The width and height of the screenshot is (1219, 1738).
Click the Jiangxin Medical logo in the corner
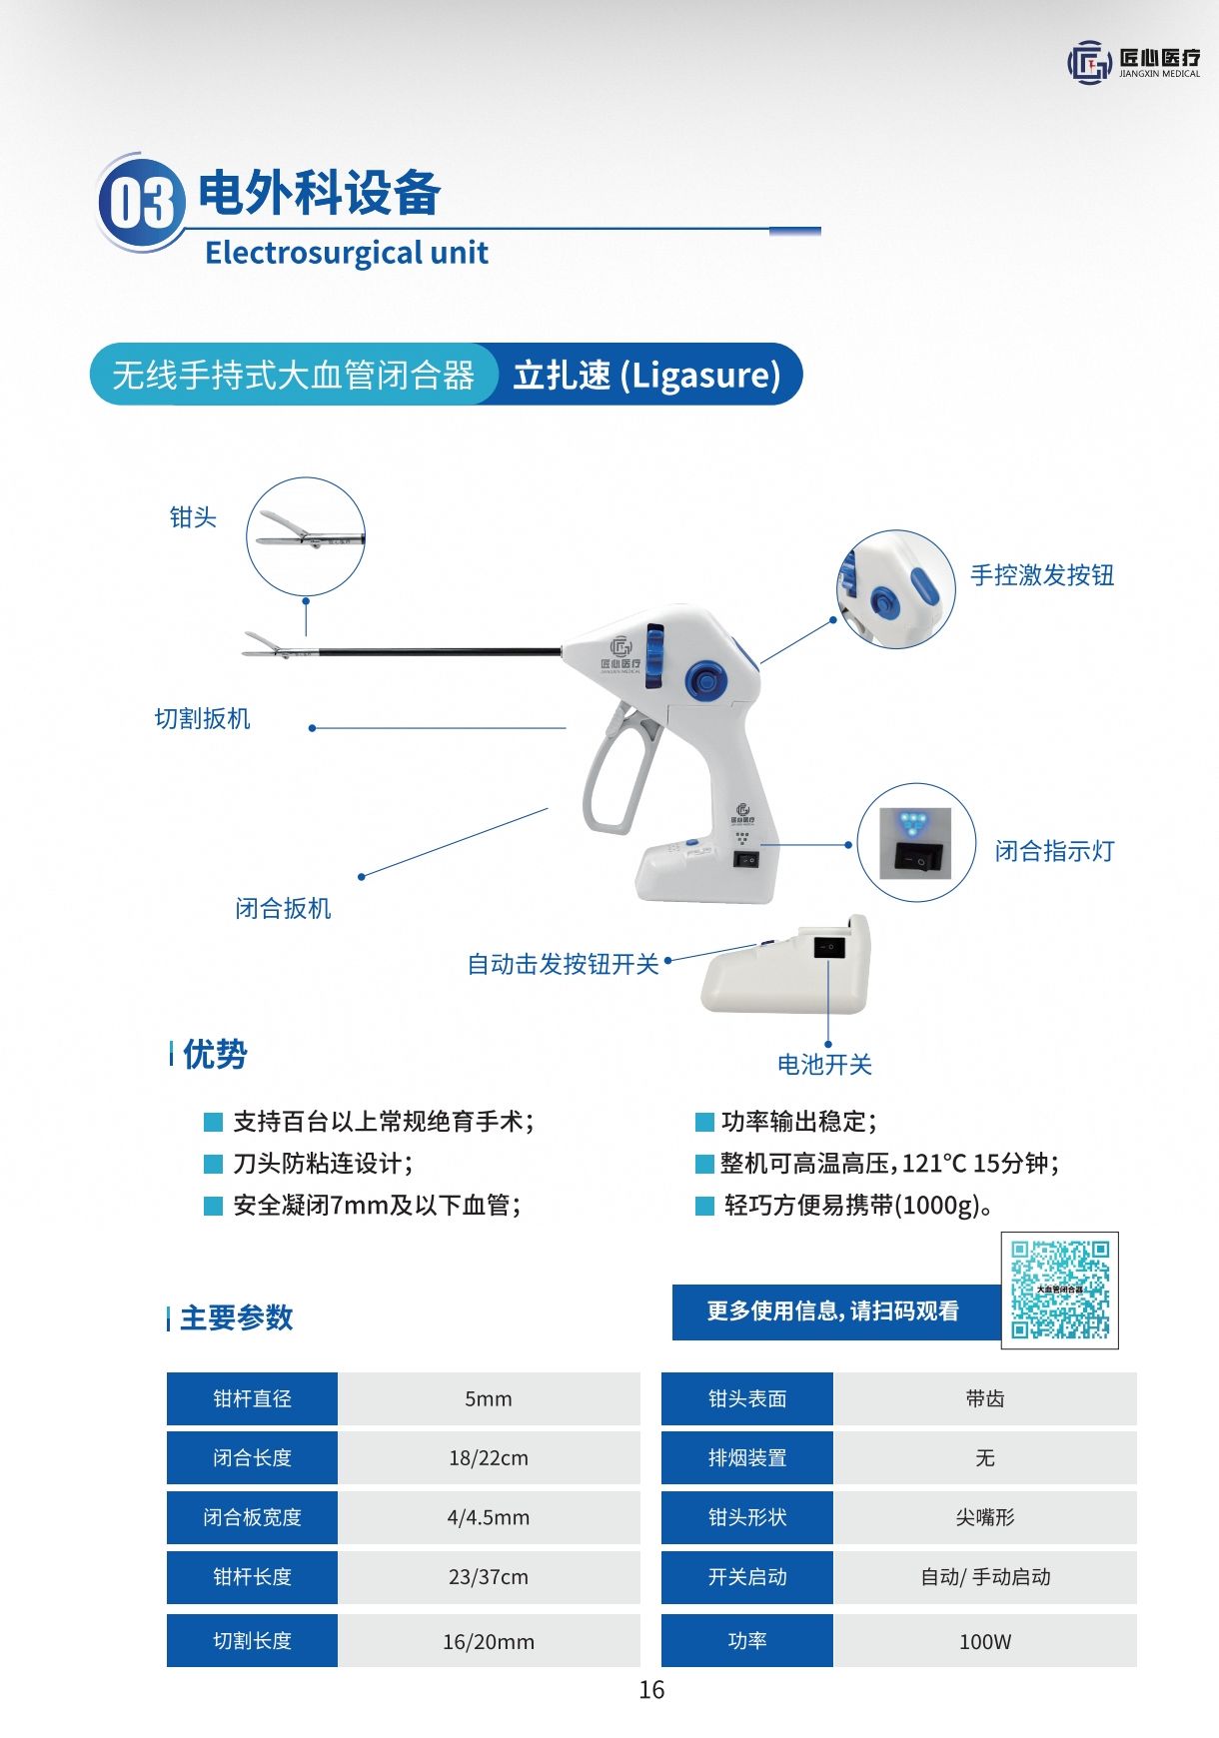click(1134, 63)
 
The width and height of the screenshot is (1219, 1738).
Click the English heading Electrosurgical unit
click(347, 253)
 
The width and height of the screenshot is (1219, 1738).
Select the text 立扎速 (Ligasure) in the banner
click(646, 375)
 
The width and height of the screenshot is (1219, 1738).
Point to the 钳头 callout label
click(193, 517)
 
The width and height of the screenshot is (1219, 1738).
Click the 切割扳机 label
click(203, 719)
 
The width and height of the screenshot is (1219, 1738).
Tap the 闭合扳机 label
click(283, 908)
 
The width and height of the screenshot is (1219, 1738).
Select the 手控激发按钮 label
click(1042, 575)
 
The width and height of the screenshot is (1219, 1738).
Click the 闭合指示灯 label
click(1054, 851)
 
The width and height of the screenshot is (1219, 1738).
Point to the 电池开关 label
click(824, 1065)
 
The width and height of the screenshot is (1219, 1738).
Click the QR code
click(1060, 1291)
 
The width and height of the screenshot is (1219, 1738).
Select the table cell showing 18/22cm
click(489, 1457)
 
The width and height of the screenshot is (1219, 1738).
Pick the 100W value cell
click(985, 1641)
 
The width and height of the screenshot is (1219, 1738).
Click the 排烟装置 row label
click(747, 1457)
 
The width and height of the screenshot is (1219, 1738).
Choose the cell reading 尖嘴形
click(985, 1517)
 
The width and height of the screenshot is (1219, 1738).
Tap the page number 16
click(651, 1690)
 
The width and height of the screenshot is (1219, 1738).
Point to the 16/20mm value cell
click(489, 1641)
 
